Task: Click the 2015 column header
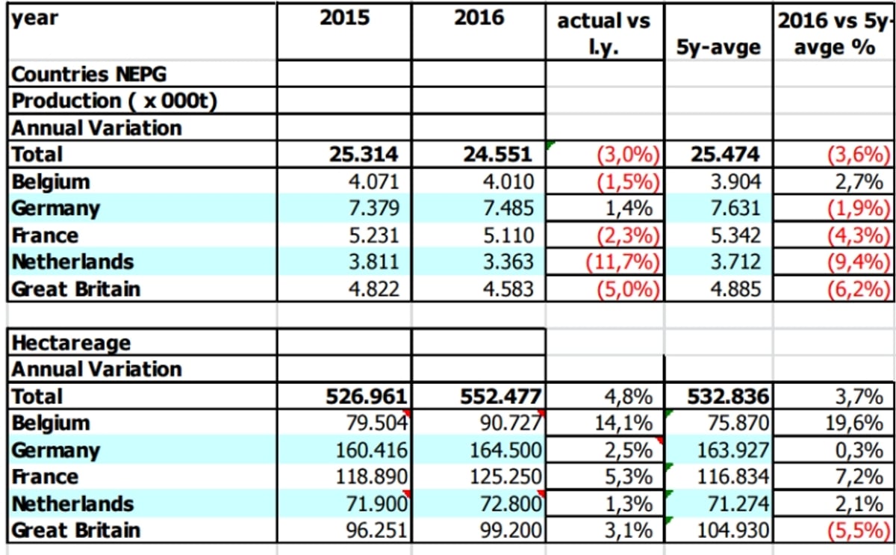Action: tap(345, 18)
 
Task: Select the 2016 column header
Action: tap(479, 18)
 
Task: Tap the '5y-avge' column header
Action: tap(718, 47)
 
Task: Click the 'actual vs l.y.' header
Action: tap(603, 34)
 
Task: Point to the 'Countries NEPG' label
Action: tap(89, 74)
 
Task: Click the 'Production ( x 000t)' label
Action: tap(114, 101)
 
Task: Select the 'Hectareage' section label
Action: tap(71, 343)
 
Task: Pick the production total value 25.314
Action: tap(364, 155)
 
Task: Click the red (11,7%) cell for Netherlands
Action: tap(623, 262)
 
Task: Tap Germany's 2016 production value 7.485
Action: tap(508, 208)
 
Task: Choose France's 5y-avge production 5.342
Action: tap(735, 235)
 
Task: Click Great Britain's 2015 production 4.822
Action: tap(374, 289)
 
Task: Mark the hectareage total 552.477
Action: tap(501, 397)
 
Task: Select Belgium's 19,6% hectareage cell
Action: tap(854, 424)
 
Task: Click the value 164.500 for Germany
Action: tap(505, 450)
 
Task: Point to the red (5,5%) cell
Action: tap(859, 530)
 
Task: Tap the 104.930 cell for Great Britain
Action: tap(732, 530)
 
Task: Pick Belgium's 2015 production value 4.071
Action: tap(374, 182)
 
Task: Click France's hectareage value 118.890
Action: tap(371, 477)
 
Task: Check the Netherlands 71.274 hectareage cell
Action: tap(738, 503)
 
